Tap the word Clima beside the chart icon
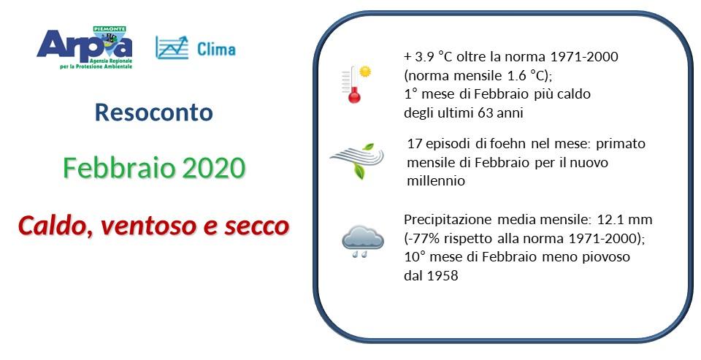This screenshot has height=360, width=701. tap(216, 50)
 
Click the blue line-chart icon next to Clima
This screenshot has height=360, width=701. tap(172, 47)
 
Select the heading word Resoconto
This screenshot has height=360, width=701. tap(154, 112)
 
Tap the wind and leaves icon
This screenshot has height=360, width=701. tap(356, 161)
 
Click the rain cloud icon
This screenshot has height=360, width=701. tap(362, 242)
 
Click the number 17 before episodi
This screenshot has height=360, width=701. tap(413, 144)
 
